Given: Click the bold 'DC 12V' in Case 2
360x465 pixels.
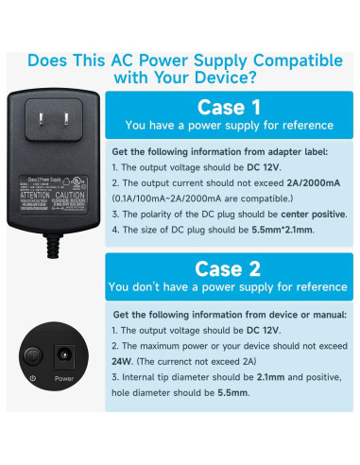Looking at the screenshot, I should (x=262, y=330).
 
